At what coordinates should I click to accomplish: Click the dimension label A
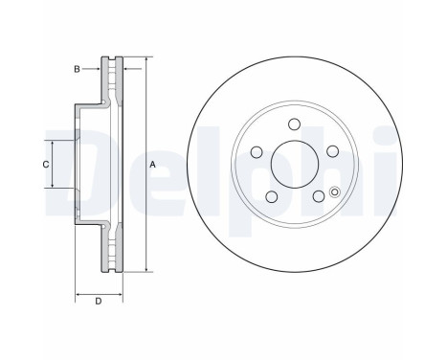point(153,165)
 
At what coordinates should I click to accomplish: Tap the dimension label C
point(45,165)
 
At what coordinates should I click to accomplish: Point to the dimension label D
point(99,304)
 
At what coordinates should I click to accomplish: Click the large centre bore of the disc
point(294,164)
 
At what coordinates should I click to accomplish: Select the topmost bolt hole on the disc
point(294,123)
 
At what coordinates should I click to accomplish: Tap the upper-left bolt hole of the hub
point(256,151)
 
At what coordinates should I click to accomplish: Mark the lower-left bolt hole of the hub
point(270,196)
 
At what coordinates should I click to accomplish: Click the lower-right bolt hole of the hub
point(318,196)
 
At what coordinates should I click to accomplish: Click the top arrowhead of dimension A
point(145,60)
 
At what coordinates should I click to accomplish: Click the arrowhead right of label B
point(101,69)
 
